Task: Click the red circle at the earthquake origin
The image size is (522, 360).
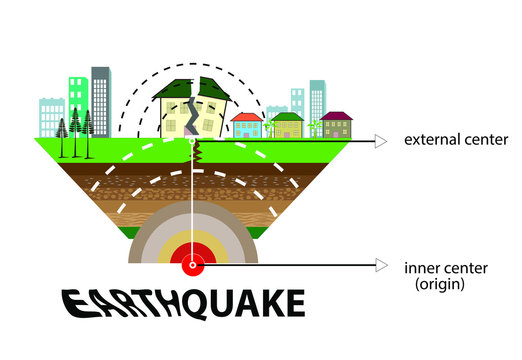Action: pyautogui.click(x=192, y=265)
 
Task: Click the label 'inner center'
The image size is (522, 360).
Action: pyautogui.click(x=439, y=268)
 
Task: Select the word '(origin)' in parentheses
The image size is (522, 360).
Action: pyautogui.click(x=440, y=285)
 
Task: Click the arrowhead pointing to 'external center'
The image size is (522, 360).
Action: pyautogui.click(x=380, y=141)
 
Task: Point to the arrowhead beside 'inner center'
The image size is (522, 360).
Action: pyautogui.click(x=380, y=265)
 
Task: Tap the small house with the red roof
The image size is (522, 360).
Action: pyautogui.click(x=246, y=125)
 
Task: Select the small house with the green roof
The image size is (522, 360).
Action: pyautogui.click(x=287, y=125)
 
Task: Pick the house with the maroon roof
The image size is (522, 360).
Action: pyautogui.click(x=337, y=124)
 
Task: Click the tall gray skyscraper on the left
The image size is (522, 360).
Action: pyautogui.click(x=100, y=100)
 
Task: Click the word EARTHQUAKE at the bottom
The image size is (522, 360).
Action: pyautogui.click(x=183, y=303)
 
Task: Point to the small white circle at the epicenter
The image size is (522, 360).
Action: pyautogui.click(x=192, y=141)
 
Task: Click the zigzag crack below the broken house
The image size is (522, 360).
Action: pyautogui.click(x=198, y=153)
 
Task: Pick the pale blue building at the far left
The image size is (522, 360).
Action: pyautogui.click(x=51, y=116)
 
